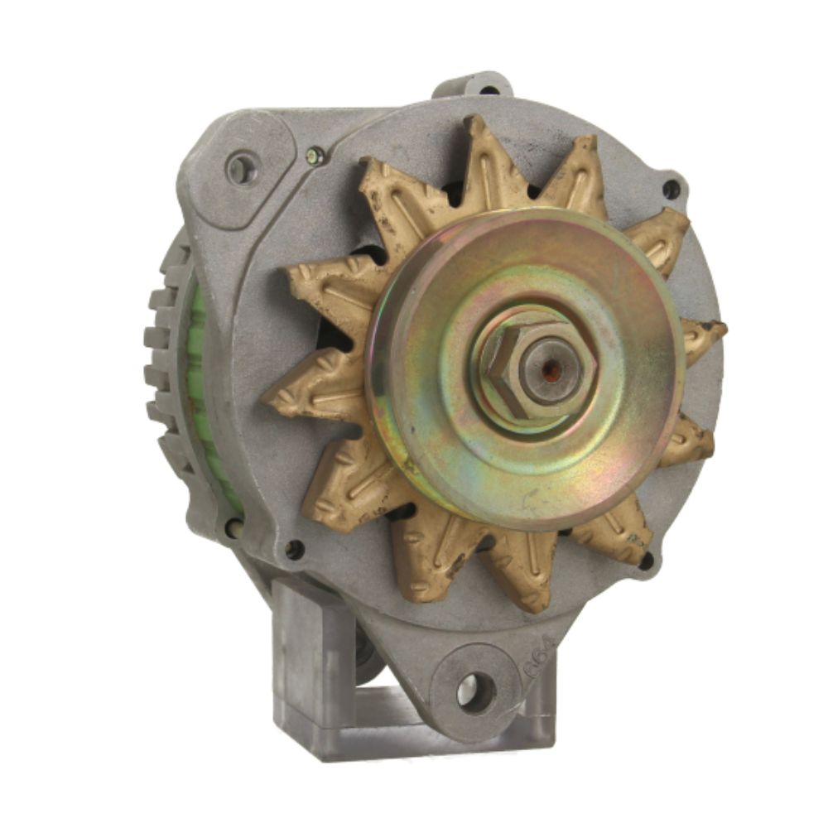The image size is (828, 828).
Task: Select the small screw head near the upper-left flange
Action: [315, 154]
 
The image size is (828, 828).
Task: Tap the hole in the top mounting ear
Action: [489, 89]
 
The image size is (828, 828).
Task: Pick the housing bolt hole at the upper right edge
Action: [671, 190]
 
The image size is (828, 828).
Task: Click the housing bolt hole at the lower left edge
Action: [293, 547]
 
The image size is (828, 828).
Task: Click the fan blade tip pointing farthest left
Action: [273, 401]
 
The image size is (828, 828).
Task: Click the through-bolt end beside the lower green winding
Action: [233, 527]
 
